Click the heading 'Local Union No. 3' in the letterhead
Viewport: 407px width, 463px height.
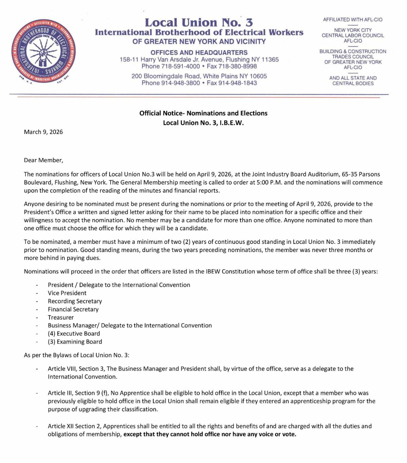point(199,22)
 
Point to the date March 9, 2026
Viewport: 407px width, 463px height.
point(43,132)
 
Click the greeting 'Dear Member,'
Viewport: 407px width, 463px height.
point(43,160)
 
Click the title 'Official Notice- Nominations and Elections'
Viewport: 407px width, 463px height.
point(203,113)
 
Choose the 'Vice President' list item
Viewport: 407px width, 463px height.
point(67,293)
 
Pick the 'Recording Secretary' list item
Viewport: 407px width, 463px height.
point(75,301)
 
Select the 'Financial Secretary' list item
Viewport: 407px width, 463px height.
point(73,309)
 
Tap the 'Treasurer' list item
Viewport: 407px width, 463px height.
point(61,317)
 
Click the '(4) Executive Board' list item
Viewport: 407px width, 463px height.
point(74,334)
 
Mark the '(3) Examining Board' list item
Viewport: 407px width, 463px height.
point(75,342)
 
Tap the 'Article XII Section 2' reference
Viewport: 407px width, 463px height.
point(75,426)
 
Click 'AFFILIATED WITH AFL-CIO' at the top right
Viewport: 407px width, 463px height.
point(353,20)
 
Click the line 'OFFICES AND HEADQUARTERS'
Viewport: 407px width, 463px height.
point(199,53)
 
